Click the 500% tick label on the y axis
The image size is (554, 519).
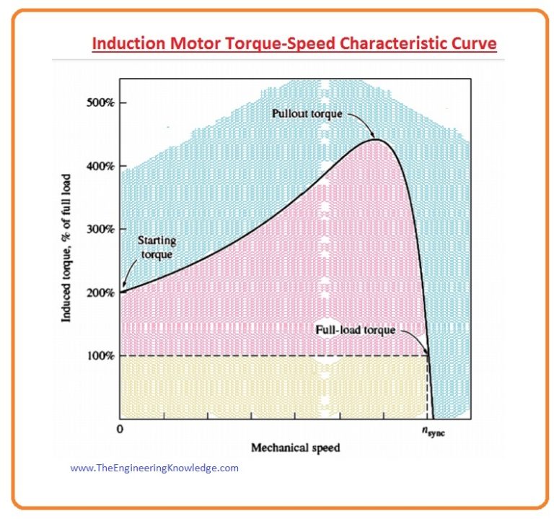click(x=100, y=102)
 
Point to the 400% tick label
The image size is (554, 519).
click(x=100, y=165)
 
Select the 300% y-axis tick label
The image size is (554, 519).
click(x=100, y=229)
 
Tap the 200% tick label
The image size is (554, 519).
click(x=100, y=292)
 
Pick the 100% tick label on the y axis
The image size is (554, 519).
click(x=100, y=356)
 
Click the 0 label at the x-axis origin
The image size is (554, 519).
click(x=120, y=429)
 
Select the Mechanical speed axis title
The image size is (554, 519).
click(x=295, y=448)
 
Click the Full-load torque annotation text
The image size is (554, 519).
click(x=356, y=331)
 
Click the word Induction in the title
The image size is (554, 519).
click(x=126, y=44)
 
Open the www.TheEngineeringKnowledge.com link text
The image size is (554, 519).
click(x=154, y=468)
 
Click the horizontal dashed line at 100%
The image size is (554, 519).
click(x=274, y=356)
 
